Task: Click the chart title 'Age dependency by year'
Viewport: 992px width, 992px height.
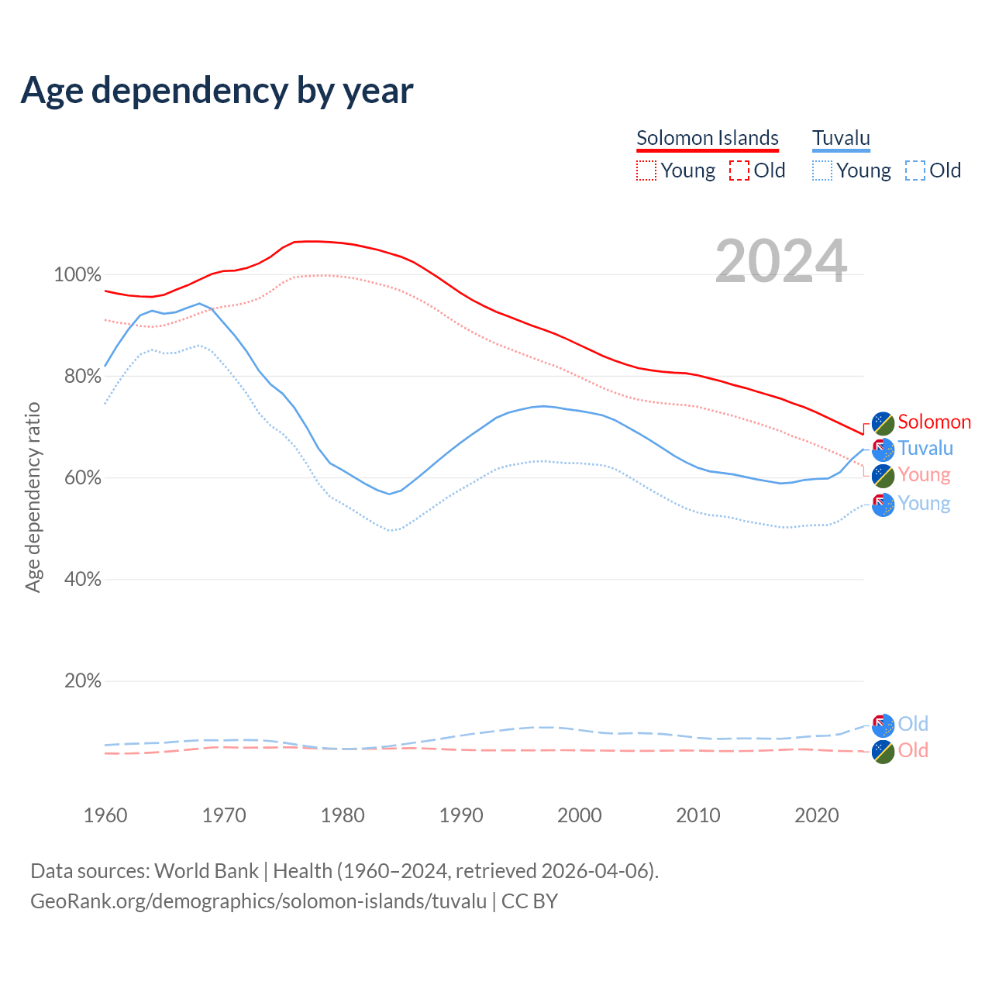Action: click(x=217, y=91)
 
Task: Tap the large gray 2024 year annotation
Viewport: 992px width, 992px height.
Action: click(x=780, y=261)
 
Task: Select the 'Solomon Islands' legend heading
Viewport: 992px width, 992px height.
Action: click(x=707, y=138)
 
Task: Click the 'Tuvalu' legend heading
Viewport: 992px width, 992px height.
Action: click(x=841, y=138)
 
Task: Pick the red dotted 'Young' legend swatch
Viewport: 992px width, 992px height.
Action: click(x=646, y=170)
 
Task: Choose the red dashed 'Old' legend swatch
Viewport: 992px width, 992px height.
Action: click(x=739, y=170)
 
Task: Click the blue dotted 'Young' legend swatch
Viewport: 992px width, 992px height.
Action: click(x=822, y=170)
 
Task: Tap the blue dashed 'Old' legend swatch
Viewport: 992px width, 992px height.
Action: click(x=915, y=170)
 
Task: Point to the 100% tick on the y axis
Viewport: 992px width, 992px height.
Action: click(x=77, y=275)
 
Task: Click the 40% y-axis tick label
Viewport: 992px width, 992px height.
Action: click(x=82, y=580)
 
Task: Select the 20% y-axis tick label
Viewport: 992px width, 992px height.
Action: click(x=82, y=681)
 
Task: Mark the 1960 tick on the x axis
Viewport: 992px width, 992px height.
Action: click(x=105, y=815)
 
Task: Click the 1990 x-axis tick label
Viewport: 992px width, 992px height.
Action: click(x=461, y=815)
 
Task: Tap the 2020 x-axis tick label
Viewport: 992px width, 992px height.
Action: click(x=817, y=815)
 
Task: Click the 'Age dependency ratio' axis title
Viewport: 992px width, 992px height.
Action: click(x=33, y=497)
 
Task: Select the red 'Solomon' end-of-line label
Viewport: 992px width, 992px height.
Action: click(x=934, y=422)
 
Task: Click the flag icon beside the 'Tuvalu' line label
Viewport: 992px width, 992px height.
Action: click(x=883, y=449)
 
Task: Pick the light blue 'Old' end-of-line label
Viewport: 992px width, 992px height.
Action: click(x=913, y=724)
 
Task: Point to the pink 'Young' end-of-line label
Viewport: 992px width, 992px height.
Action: click(x=924, y=475)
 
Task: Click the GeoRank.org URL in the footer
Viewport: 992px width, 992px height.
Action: click(x=258, y=901)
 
